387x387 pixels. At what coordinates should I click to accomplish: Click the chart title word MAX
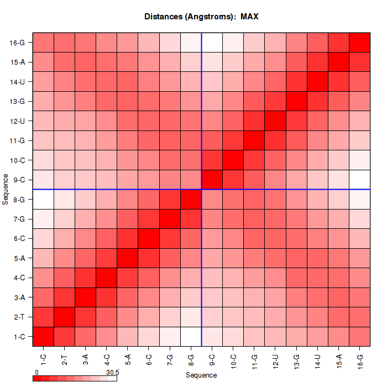click(x=249, y=17)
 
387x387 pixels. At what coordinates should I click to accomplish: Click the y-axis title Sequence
click(x=5, y=189)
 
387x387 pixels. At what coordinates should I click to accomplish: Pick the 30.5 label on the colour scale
click(x=112, y=372)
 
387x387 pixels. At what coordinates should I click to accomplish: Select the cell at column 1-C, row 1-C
click(x=43, y=336)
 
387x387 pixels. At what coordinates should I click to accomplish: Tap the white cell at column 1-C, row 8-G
click(x=43, y=199)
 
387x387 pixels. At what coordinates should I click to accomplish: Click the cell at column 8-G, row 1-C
click(x=191, y=336)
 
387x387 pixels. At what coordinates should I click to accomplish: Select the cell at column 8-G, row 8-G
click(x=191, y=199)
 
